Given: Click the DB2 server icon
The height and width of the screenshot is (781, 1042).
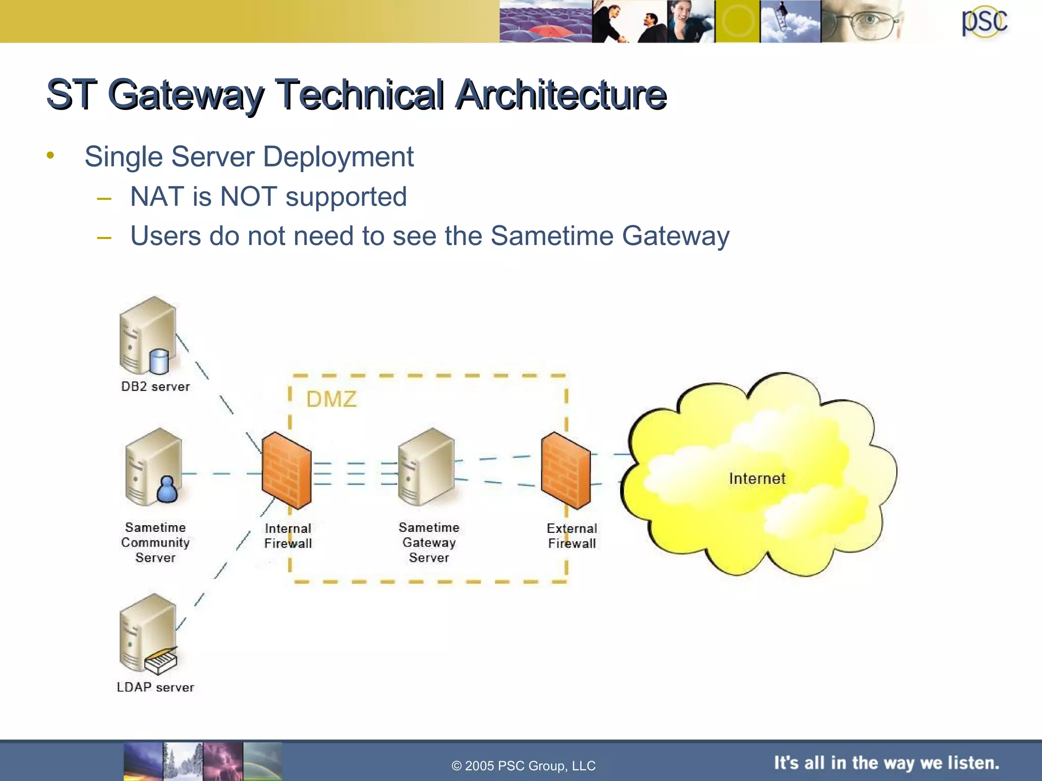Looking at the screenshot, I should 148,336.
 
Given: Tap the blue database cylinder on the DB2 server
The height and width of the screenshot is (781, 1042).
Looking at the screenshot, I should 159,362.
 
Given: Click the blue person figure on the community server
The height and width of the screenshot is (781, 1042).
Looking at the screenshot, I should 167,489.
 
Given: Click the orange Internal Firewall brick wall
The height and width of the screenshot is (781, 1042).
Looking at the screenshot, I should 286,470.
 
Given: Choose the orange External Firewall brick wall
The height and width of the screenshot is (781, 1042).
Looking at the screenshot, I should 566,470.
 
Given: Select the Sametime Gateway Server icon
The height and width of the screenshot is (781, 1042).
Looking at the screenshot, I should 426,467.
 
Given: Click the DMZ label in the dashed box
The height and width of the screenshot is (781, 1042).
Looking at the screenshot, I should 331,400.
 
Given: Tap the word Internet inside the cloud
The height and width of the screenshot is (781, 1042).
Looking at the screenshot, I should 757,478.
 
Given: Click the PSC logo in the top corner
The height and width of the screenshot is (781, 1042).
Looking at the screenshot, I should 984,21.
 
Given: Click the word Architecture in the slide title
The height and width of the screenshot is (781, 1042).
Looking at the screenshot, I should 561,95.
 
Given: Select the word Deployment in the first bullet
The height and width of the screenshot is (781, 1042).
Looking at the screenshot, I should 338,157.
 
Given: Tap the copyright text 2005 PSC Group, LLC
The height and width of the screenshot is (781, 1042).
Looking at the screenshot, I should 524,766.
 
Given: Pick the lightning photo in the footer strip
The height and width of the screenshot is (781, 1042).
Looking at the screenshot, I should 223,761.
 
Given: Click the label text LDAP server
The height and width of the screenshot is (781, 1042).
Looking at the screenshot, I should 155,687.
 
